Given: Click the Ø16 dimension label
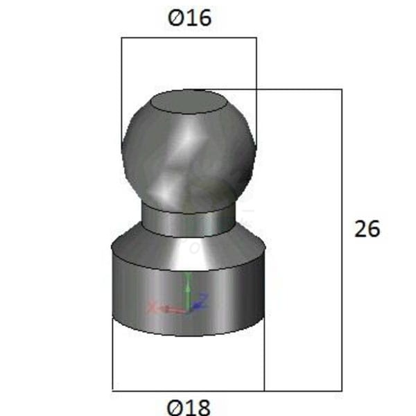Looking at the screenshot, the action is coord(190,18).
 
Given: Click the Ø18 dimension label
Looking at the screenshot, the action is coord(189,407).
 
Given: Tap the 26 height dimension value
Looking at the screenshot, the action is coord(367,229).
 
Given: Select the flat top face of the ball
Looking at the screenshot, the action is coord(189,102).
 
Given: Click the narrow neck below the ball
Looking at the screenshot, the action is coord(189,220).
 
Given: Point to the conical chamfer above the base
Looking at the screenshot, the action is coord(189,248).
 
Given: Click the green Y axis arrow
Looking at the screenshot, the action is coord(187,291).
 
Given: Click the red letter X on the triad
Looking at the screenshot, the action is coord(153,306).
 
